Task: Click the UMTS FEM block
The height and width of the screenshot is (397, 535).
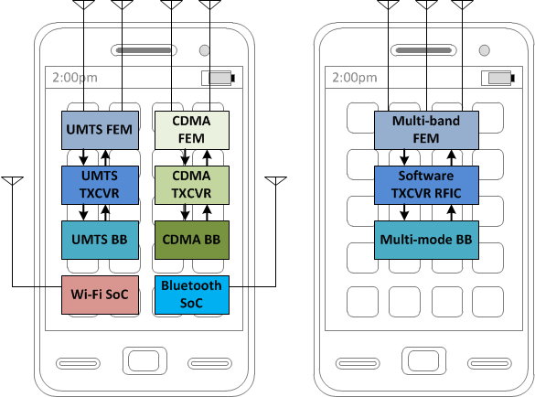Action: point(100,130)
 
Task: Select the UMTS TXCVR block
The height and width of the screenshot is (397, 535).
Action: point(100,185)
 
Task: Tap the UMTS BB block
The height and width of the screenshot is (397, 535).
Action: point(100,240)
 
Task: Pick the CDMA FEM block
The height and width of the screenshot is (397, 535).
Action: point(192,130)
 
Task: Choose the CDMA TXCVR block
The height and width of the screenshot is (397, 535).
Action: point(192,185)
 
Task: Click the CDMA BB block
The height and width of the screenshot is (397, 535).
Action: point(192,240)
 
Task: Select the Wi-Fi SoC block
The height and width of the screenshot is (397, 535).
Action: point(100,295)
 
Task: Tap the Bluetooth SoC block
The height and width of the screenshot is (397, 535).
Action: point(192,295)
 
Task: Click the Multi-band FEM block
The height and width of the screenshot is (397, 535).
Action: point(426,130)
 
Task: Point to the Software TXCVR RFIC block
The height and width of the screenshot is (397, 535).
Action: point(426,185)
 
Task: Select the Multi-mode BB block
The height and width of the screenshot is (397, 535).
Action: point(426,240)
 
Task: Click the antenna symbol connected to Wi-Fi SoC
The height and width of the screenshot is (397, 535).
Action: point(12,181)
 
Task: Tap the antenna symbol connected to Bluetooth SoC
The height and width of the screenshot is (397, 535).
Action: point(275,181)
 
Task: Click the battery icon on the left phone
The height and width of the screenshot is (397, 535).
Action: point(219,78)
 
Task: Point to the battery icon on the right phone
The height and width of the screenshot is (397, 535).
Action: point(498,78)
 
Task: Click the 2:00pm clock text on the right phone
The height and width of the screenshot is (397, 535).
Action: point(355,78)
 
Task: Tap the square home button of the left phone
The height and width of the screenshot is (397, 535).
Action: point(144,360)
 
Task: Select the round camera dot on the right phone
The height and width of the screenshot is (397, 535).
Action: point(484,50)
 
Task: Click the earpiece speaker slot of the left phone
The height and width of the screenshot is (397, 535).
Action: point(144,50)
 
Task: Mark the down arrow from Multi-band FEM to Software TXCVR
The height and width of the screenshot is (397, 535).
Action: point(404,157)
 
